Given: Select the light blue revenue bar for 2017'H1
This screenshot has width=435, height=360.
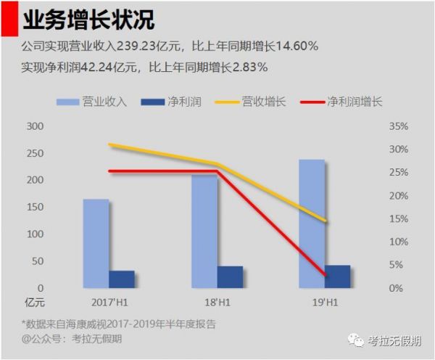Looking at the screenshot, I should [96, 243].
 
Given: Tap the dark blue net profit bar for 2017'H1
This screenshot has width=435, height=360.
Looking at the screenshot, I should [122, 279].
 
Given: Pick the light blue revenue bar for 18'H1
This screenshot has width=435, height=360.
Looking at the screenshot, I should [204, 231].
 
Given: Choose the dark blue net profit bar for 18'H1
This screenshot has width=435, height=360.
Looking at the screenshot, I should [230, 277].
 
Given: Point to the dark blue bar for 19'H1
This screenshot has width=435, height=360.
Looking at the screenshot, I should [338, 277].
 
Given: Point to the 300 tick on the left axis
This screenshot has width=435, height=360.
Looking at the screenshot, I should [35, 126].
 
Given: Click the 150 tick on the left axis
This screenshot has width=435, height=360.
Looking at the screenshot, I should [35, 208].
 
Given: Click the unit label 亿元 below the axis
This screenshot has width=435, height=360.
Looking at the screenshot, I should [34, 301].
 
